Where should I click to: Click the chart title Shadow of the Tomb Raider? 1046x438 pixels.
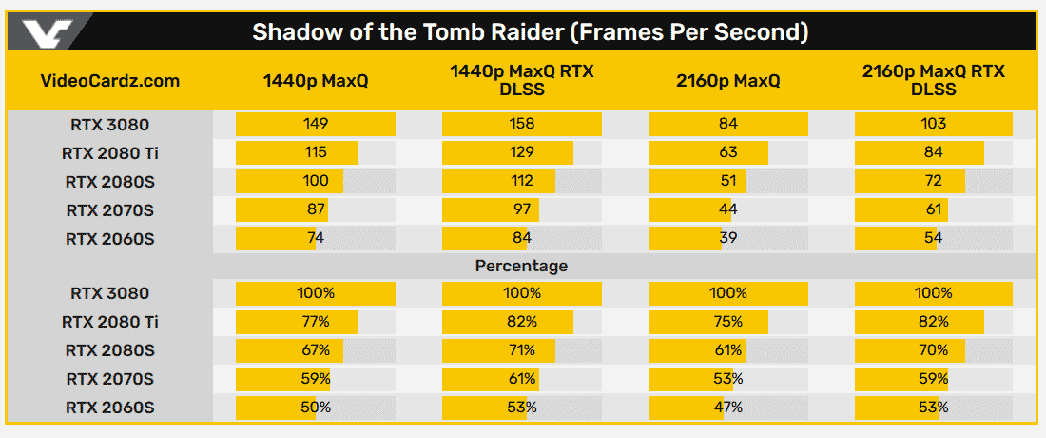(x=530, y=32)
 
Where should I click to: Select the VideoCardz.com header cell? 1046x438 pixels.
(x=111, y=81)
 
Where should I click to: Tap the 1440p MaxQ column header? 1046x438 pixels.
(x=316, y=81)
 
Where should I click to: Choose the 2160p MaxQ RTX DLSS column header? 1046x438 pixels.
(x=933, y=81)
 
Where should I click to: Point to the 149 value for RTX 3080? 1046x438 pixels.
(x=316, y=124)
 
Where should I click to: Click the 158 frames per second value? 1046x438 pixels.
(x=522, y=124)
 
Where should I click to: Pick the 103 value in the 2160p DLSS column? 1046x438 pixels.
(x=933, y=124)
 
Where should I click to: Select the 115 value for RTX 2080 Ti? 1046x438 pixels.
(x=316, y=152)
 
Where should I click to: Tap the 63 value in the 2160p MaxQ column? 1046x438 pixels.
(x=728, y=152)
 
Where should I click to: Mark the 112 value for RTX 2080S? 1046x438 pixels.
(x=522, y=181)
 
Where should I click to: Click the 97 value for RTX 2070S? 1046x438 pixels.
(x=522, y=209)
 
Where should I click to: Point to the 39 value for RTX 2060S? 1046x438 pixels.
(x=728, y=238)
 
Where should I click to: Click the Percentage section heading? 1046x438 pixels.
(x=521, y=266)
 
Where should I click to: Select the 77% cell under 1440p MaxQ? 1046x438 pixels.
(x=316, y=322)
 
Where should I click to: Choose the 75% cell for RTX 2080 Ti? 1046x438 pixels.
(x=728, y=322)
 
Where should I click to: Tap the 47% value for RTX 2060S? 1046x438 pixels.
(x=728, y=408)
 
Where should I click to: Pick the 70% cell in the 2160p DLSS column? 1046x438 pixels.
(x=933, y=350)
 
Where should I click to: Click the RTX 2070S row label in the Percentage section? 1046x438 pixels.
(x=109, y=379)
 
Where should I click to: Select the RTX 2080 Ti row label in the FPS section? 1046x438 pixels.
(x=109, y=152)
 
